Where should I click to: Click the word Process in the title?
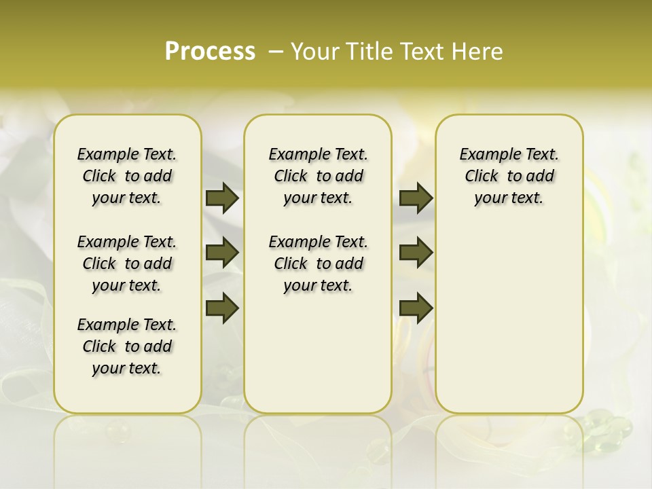pyautogui.click(x=210, y=52)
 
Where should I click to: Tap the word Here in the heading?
pyautogui.click(x=477, y=52)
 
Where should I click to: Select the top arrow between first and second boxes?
pyautogui.click(x=222, y=198)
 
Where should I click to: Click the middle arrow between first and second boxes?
pyautogui.click(x=222, y=253)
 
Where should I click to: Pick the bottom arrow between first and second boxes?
pyautogui.click(x=222, y=308)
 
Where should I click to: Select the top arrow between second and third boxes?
pyautogui.click(x=416, y=198)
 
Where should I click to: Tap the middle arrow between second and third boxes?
pyautogui.click(x=416, y=253)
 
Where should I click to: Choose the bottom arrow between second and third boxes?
pyautogui.click(x=416, y=308)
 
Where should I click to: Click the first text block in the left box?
pyautogui.click(x=127, y=176)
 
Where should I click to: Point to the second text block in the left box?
pyautogui.click(x=127, y=264)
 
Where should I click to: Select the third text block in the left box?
pyautogui.click(x=127, y=346)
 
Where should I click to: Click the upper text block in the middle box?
pyautogui.click(x=318, y=176)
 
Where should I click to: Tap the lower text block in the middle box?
pyautogui.click(x=318, y=264)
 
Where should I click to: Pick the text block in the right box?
pyautogui.click(x=509, y=176)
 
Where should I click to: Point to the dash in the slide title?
pyautogui.click(x=276, y=52)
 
